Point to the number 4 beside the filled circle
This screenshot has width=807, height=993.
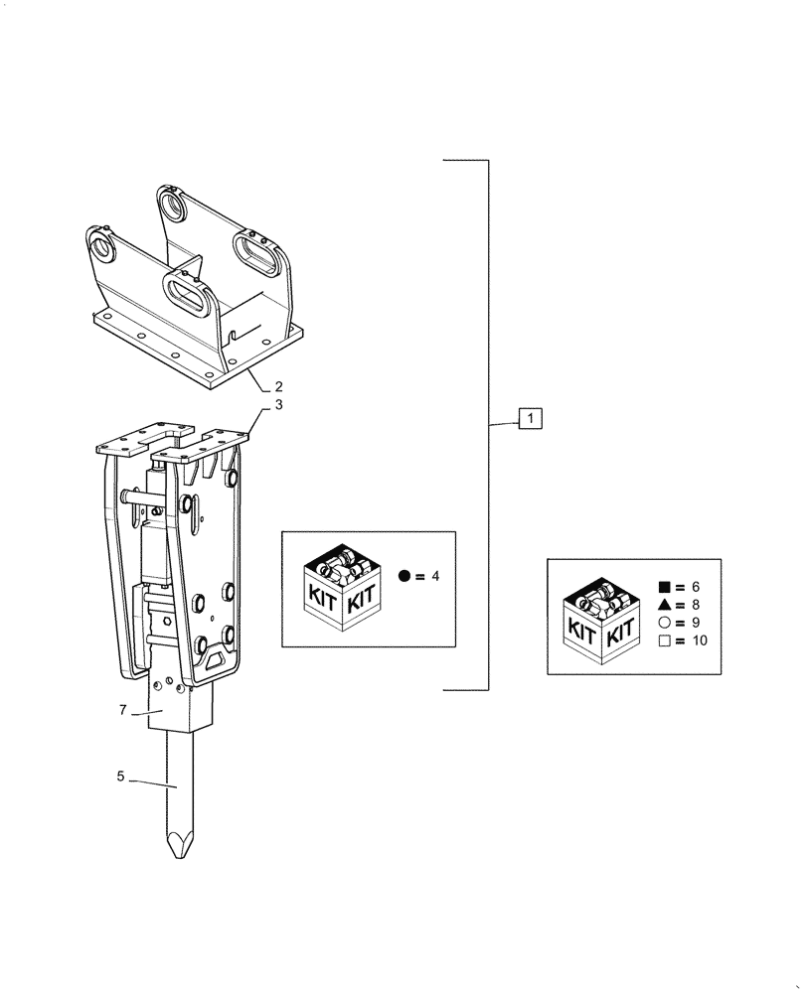434,577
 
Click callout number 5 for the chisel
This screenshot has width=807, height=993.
121,777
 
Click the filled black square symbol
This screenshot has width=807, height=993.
663,587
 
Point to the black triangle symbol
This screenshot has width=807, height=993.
663,605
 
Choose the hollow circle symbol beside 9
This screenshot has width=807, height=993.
663,623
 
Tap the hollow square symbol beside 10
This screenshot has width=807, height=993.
663,640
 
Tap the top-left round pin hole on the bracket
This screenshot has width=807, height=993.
102,243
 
